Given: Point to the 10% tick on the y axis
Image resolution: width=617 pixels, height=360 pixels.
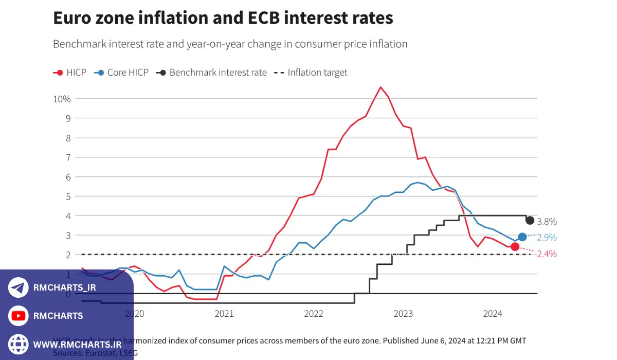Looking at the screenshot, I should (62, 99).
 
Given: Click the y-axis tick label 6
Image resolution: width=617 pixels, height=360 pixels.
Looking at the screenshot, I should (67, 177).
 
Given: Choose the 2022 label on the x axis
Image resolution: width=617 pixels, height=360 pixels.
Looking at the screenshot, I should (314, 314).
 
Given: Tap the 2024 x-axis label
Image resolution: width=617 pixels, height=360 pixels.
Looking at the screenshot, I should (493, 314).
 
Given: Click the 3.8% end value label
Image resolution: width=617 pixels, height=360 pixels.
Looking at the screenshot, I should (547, 222).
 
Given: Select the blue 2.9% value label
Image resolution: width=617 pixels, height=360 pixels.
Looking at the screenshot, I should (547, 237).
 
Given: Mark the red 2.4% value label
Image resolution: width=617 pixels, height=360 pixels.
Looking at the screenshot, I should (547, 254).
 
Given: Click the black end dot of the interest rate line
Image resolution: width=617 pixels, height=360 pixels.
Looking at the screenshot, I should (530, 220).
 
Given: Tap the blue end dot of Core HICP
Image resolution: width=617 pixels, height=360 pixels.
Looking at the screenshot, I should (522, 237).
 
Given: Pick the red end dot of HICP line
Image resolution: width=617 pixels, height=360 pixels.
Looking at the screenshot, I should (515, 247).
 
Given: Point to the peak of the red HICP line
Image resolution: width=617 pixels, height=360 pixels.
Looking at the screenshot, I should (380, 87).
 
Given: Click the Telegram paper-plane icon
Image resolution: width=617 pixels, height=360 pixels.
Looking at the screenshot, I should (19, 287).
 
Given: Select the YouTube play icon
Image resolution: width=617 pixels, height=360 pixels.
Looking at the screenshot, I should (19, 316).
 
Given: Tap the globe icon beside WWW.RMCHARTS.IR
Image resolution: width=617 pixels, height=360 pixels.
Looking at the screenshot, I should (19, 344).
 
